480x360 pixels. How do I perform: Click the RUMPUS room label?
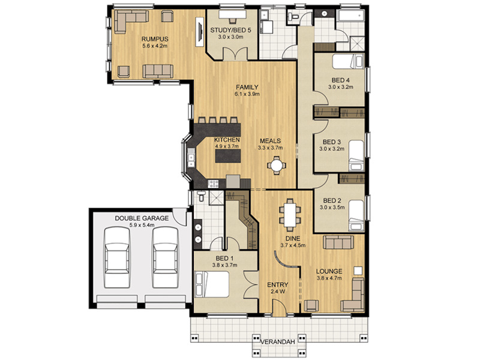click(155, 39)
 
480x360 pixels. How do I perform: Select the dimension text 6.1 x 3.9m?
click(247, 94)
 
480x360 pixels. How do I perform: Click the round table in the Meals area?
click(277, 166)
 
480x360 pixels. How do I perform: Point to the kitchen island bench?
click(228, 156)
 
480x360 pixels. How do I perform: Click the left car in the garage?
click(117, 257)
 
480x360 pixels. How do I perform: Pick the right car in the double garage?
click(166, 257)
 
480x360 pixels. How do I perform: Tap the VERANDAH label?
click(278, 342)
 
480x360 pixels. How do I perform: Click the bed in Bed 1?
click(212, 284)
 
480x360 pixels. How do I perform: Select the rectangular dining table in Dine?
click(290, 215)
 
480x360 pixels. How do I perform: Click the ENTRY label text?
click(278, 285)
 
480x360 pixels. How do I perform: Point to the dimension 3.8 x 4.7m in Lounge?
click(329, 278)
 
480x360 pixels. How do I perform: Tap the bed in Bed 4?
click(349, 61)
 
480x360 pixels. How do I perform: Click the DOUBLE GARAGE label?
click(142, 218)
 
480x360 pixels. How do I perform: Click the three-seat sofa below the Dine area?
click(338, 242)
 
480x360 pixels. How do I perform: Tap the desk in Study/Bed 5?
click(232, 14)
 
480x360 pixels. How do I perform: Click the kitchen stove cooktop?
click(213, 184)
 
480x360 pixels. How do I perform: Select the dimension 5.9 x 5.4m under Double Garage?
click(142, 226)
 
